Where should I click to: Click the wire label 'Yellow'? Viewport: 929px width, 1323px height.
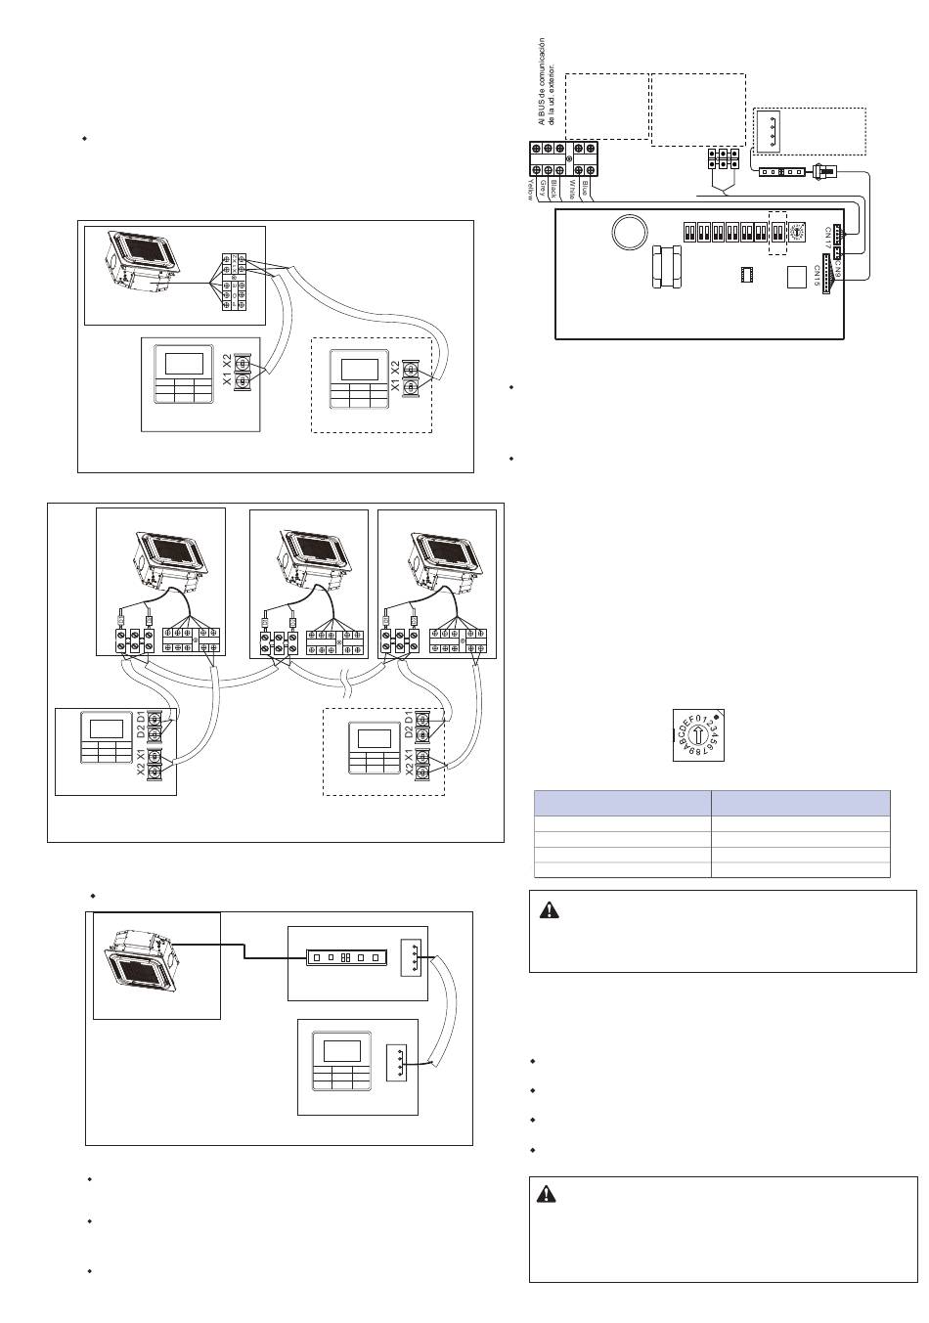pyautogui.click(x=531, y=187)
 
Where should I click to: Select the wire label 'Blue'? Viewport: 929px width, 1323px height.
pyautogui.click(x=585, y=186)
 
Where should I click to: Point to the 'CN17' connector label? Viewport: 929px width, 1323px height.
pyautogui.click(x=827, y=236)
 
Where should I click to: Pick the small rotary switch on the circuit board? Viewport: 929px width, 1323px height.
pyautogui.click(x=796, y=232)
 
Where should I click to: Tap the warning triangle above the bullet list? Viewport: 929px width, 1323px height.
pyautogui.click(x=550, y=910)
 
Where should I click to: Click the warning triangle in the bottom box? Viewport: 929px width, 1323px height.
pyautogui.click(x=549, y=1194)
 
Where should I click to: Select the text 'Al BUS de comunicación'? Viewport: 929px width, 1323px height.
pyautogui.click(x=541, y=82)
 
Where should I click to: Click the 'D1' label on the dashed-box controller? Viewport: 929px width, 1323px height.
pyautogui.click(x=409, y=720)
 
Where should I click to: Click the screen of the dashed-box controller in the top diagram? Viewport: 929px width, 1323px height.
pyautogui.click(x=359, y=370)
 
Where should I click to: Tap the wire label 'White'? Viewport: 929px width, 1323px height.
pyautogui.click(x=571, y=188)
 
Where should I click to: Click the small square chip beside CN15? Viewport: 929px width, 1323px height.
pyautogui.click(x=795, y=277)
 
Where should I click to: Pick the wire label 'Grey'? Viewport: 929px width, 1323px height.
pyautogui.click(x=543, y=187)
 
